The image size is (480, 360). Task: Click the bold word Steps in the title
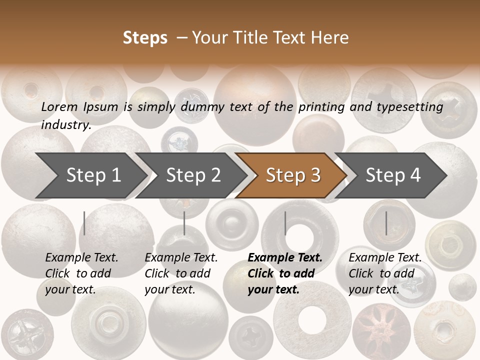coord(145,38)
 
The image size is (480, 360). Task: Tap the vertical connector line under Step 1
coord(84,223)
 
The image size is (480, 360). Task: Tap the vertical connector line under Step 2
coord(184,223)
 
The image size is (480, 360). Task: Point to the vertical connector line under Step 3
coord(285,223)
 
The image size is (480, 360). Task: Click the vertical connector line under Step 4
coord(386,223)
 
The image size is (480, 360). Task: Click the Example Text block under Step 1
coord(81,273)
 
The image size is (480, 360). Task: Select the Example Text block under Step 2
coord(181,273)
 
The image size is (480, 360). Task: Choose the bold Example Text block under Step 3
coord(285,273)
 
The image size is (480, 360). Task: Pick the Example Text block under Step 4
coord(385,273)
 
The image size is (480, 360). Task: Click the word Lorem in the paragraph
coord(59,106)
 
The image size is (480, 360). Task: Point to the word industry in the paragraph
coord(65,125)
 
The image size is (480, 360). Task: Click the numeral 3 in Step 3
coord(315,175)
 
